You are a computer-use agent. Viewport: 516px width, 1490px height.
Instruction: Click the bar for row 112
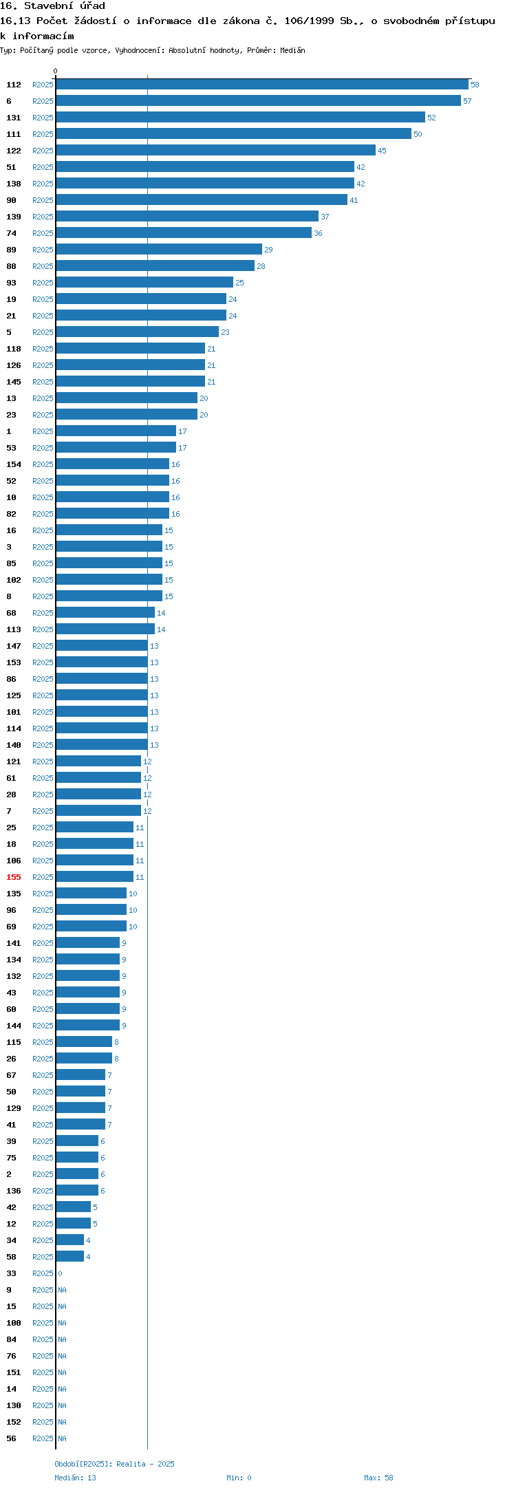pos(262,85)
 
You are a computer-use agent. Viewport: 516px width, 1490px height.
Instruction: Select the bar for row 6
pos(259,101)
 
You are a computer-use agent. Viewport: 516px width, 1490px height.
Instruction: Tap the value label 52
pos(431,118)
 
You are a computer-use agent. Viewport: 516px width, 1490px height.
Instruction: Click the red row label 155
pos(14,877)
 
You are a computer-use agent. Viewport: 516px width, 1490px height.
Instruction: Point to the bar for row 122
pos(216,151)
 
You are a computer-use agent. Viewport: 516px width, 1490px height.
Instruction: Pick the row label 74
pos(11,233)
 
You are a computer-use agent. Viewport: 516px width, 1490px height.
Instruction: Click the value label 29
pos(268,250)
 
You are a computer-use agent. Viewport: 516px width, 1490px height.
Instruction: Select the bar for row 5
pos(138,332)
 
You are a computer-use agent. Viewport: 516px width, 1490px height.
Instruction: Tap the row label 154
pos(14,464)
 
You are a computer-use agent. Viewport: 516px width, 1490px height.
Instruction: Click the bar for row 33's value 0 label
pos(60,1273)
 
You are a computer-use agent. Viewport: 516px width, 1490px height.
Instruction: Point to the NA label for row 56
pos(62,1438)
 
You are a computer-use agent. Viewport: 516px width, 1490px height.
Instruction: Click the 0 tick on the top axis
pos(56,71)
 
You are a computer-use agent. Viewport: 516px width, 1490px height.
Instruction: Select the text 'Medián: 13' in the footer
pos(76,1478)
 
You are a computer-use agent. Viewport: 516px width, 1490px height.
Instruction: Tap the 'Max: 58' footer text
pos(378,1478)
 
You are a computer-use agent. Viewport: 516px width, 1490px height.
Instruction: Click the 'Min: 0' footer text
pos(239,1478)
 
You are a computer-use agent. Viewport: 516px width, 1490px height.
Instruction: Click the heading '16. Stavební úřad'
pos(52,6)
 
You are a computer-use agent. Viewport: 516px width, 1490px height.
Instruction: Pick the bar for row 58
pos(70,1257)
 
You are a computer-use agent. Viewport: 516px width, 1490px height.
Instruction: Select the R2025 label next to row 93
pos(43,283)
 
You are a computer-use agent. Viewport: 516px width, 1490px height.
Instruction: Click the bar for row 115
pos(84,1042)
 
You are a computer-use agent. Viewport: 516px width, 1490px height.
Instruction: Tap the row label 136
pos(14,1191)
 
